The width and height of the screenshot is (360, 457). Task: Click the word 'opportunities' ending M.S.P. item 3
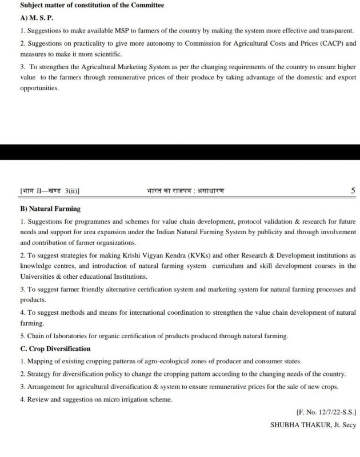point(39,89)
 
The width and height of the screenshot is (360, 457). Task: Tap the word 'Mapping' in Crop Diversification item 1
point(41,362)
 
